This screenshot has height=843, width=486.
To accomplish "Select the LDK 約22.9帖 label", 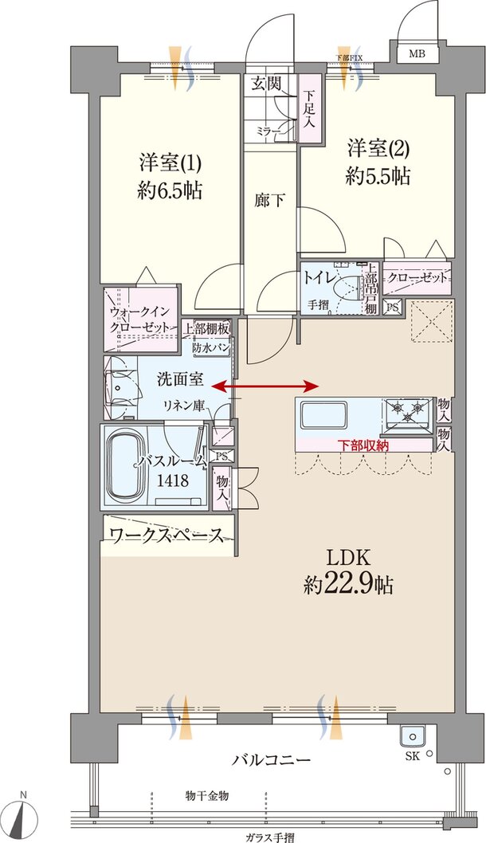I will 348,571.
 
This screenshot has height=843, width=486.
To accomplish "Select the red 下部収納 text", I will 363,445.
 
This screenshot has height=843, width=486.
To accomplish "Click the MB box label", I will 417,54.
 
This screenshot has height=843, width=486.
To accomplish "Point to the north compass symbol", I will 25,817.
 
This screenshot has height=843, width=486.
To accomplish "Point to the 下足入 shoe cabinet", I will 309,111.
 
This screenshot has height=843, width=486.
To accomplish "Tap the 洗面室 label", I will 179,379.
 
